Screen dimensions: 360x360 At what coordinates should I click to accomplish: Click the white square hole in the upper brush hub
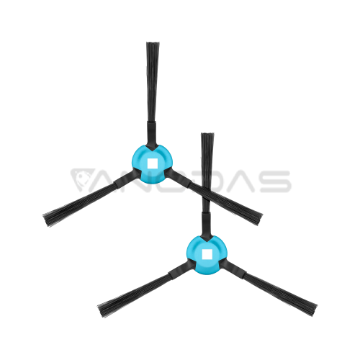(152, 163)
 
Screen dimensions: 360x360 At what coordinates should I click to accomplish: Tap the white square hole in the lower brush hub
(207, 254)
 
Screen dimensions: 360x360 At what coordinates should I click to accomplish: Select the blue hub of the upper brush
(152, 164)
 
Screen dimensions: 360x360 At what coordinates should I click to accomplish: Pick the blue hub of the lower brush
(207, 255)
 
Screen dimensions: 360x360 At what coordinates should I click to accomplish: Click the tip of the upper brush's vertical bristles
(153, 43)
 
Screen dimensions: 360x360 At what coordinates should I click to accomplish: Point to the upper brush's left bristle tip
(45, 220)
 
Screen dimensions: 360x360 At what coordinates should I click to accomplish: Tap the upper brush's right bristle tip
(259, 219)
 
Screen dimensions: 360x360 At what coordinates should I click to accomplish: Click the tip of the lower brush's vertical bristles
(207, 134)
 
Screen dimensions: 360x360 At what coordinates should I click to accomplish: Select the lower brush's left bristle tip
(100, 311)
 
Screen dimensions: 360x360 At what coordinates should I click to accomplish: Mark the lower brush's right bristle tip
(314, 310)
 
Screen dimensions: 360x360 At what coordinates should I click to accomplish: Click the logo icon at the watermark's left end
(81, 181)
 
